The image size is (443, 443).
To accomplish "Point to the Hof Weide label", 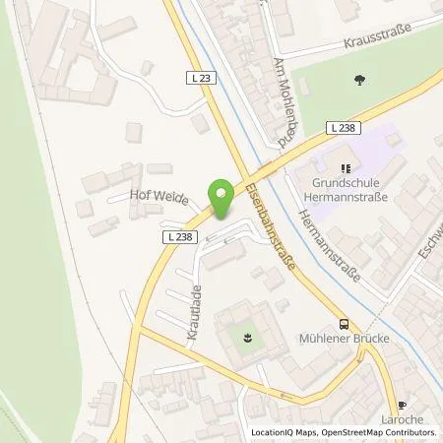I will click(x=157, y=196).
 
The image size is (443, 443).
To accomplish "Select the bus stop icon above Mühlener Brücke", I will click(x=342, y=324).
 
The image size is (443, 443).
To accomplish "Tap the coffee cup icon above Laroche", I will click(x=401, y=405).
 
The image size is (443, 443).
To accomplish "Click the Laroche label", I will click(x=401, y=420).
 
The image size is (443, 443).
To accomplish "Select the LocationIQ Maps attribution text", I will click(x=285, y=433).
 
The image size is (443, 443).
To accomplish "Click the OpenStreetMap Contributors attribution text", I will click(x=379, y=433).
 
